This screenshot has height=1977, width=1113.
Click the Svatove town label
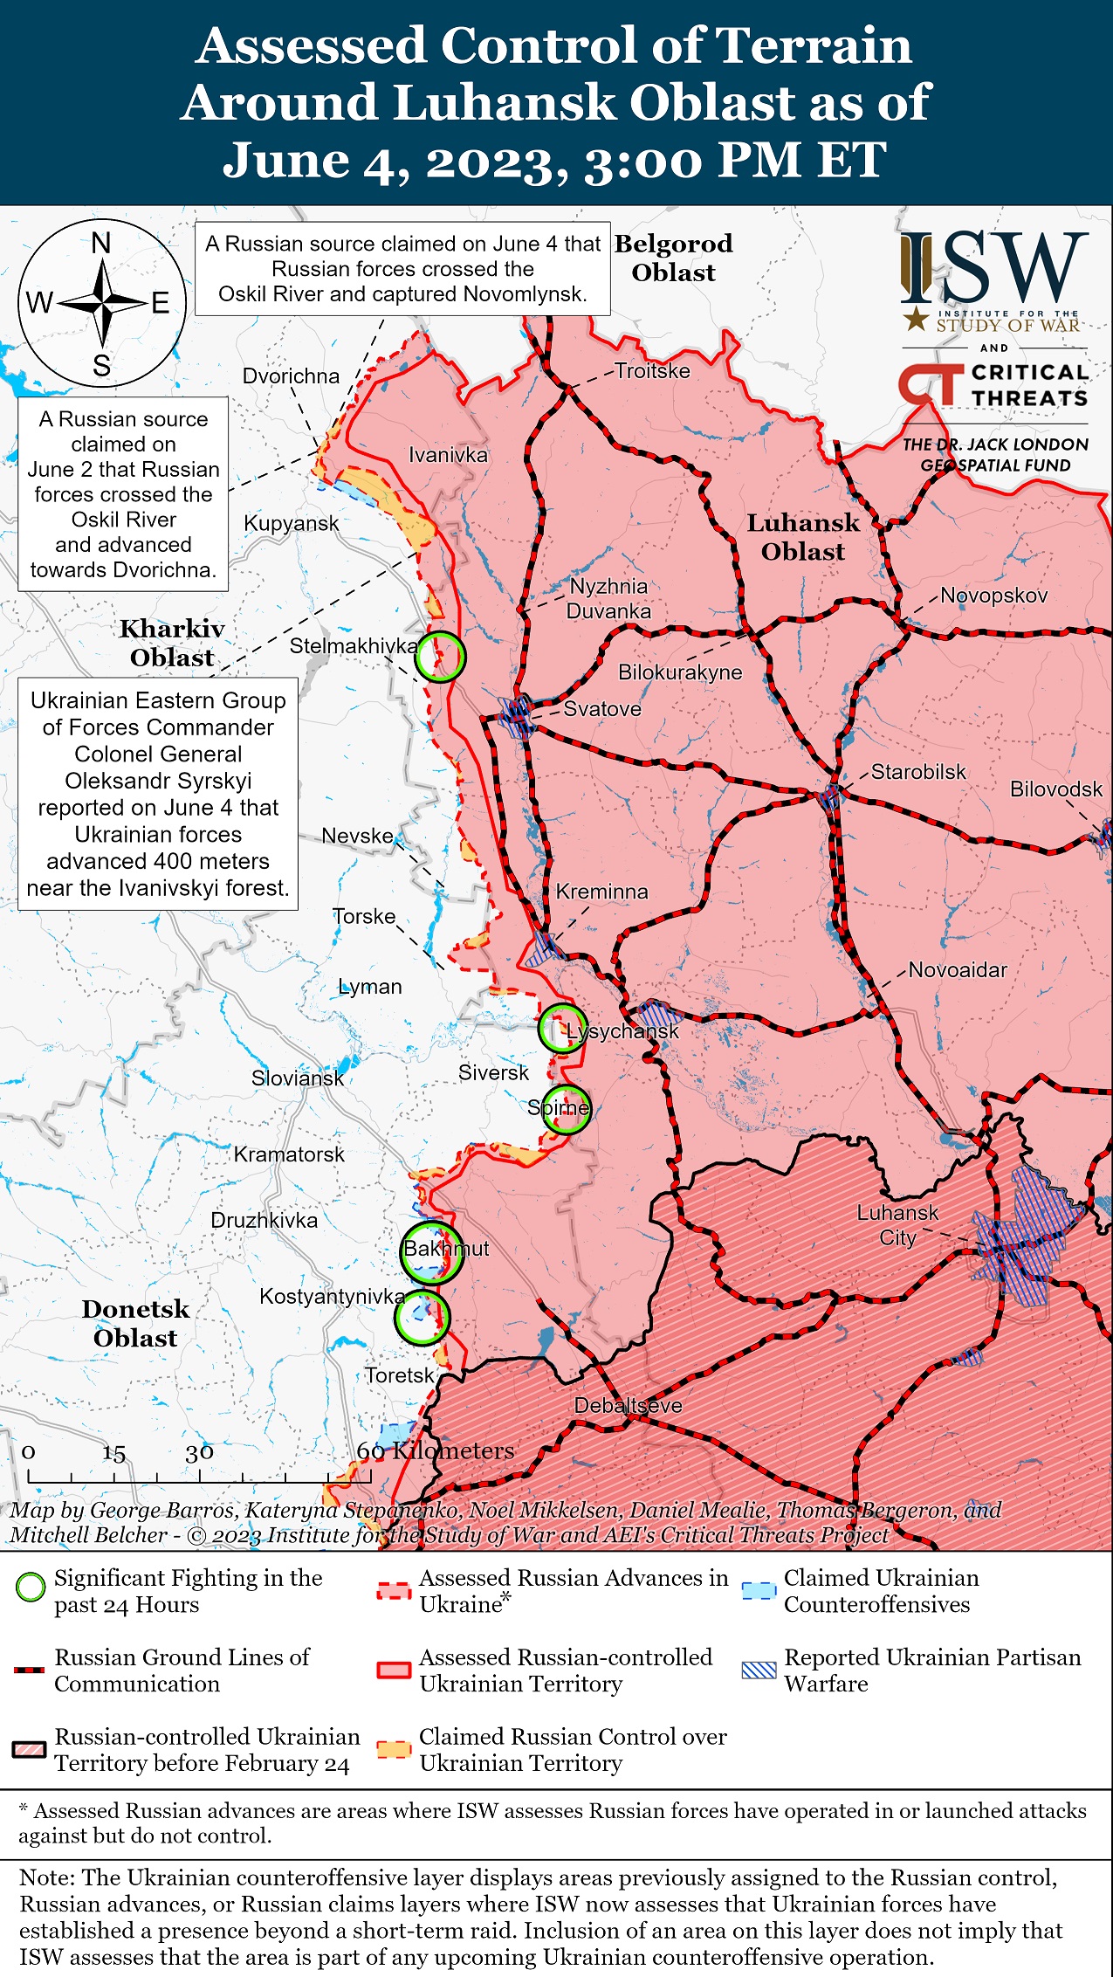tap(602, 708)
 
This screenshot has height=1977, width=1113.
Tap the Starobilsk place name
tap(918, 772)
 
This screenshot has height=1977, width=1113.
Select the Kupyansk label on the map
tap(291, 523)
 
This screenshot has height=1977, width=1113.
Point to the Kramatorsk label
tap(289, 1154)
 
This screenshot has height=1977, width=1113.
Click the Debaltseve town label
tap(628, 1406)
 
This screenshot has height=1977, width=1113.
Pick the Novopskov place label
tap(993, 596)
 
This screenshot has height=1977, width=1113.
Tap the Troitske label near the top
tap(652, 371)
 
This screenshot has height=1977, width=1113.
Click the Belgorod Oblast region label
tap(673, 258)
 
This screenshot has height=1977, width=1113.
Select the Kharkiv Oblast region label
tap(172, 643)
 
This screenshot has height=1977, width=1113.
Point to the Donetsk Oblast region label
tap(135, 1323)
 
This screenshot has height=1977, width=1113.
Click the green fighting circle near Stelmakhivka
tap(439, 657)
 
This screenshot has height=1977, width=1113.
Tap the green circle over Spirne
tap(565, 1109)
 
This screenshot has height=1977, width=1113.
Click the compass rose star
tap(102, 303)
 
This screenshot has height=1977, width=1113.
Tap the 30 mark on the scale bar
tap(199, 1452)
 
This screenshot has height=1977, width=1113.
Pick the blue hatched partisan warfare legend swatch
tap(758, 1670)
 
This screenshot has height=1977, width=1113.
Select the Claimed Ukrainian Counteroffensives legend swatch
tap(758, 1590)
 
